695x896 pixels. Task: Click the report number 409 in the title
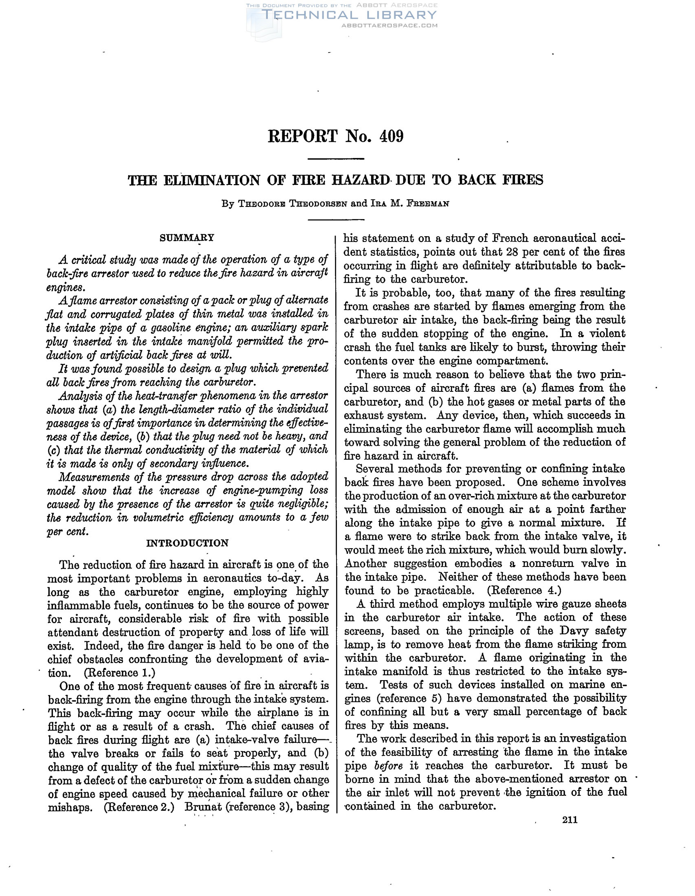391,136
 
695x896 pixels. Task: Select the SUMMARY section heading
187,237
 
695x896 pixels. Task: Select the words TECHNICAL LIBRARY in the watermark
349,15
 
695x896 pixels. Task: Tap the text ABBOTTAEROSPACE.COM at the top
389,25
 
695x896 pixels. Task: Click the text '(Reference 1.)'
119,672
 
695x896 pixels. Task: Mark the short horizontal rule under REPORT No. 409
336,159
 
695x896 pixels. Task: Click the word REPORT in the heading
303,136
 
